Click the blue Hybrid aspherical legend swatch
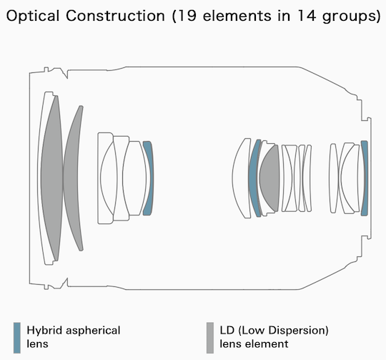coord(17,338)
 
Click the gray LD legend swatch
coord(210,338)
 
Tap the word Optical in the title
coord(33,16)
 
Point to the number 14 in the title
coord(307,16)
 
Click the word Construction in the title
coord(115,16)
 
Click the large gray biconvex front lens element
coord(51,178)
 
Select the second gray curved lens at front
coord(73,178)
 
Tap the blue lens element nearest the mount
coord(365,178)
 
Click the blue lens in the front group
coord(149,178)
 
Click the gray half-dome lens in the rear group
coord(269,178)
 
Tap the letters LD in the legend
coord(227,331)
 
